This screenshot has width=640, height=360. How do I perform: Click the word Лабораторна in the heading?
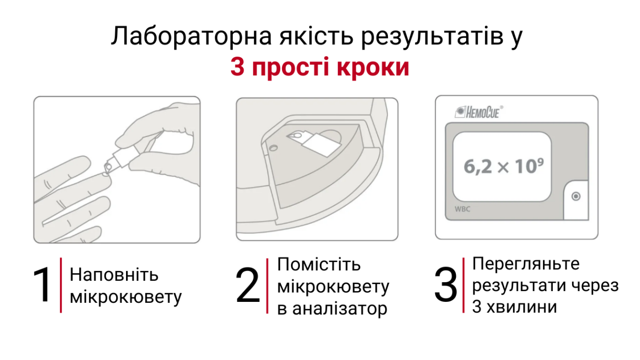[191, 36]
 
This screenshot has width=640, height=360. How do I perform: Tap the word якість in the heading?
[316, 36]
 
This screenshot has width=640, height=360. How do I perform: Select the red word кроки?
[373, 67]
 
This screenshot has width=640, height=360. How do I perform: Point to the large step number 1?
[42, 284]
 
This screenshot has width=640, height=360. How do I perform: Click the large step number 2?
[248, 285]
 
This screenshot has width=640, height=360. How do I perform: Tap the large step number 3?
[446, 284]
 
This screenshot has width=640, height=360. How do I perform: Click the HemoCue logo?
[479, 112]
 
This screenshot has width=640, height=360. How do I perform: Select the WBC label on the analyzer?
[462, 209]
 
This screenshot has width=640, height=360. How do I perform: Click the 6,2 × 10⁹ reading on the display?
[504, 166]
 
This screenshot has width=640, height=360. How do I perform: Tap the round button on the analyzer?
[576, 196]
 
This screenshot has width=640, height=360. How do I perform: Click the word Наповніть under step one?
[114, 275]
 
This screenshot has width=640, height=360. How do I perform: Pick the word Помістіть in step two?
[319, 264]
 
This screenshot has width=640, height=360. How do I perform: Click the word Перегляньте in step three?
[526, 263]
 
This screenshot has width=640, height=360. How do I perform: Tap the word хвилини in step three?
[522, 307]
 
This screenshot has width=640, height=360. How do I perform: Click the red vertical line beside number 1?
[61, 285]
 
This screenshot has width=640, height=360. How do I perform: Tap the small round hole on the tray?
[273, 148]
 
